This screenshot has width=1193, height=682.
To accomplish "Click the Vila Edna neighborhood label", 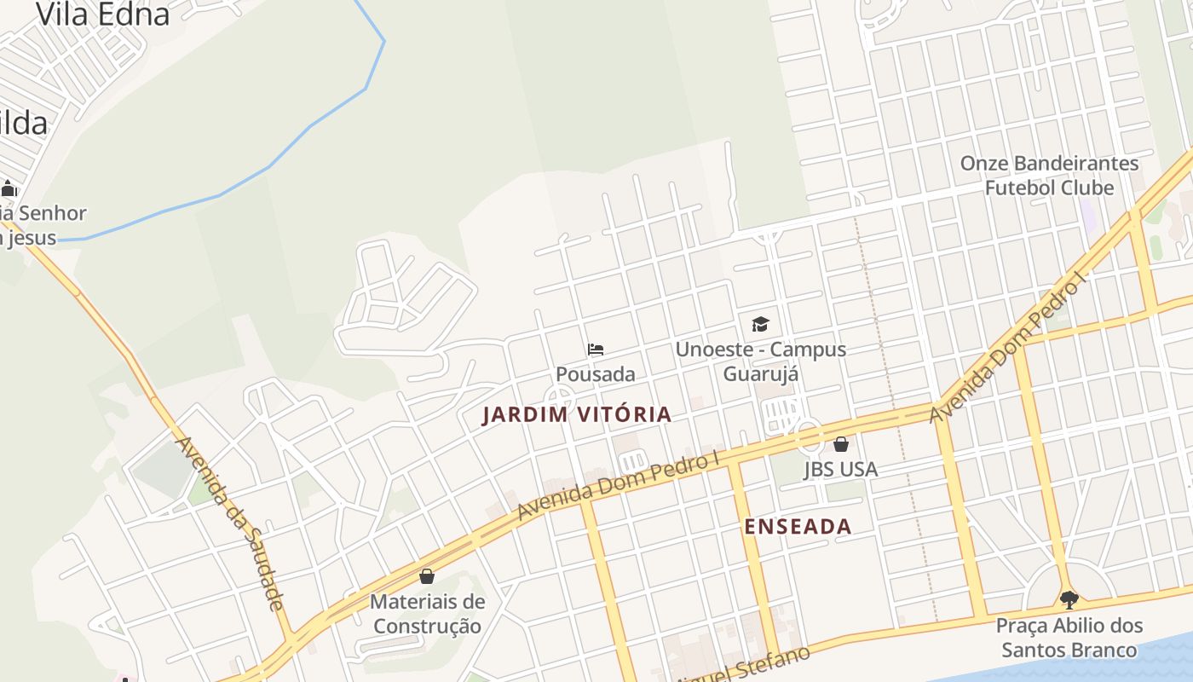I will (103, 14).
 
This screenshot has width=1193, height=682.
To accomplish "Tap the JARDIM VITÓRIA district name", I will (577, 415).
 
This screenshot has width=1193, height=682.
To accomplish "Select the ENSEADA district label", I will (798, 526).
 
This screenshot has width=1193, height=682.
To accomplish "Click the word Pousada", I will (596, 374).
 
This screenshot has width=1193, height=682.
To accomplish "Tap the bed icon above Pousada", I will (596, 350).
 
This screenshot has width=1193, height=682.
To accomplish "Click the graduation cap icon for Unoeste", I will (760, 324).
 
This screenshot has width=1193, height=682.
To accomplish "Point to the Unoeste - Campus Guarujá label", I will (760, 361).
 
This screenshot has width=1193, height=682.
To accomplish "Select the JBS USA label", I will (840, 469).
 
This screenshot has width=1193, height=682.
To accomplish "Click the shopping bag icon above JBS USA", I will (841, 444).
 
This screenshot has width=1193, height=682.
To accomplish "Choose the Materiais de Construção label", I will (428, 614).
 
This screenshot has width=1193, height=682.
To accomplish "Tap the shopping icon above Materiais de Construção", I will (427, 576).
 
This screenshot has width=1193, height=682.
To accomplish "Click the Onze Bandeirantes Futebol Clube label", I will (1049, 175).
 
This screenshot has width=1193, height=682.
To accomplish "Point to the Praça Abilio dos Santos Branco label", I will (1069, 638).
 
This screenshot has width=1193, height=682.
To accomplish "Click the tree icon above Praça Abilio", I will (1069, 599).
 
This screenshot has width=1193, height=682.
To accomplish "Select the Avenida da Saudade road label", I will (228, 523).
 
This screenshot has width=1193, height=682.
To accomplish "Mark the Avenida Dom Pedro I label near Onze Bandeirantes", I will (1011, 350).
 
